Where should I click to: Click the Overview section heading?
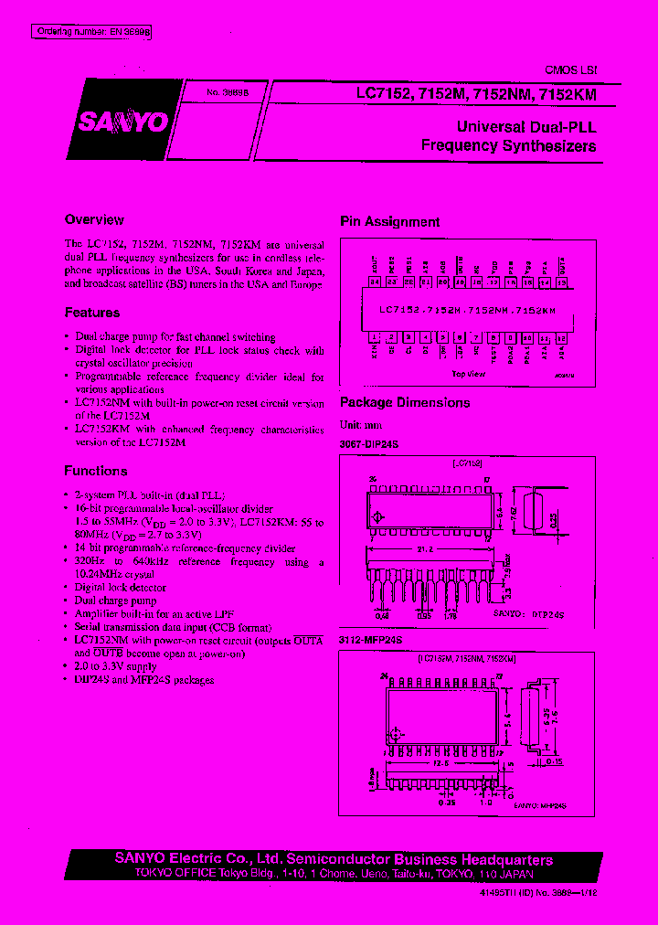(x=94, y=219)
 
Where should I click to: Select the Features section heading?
(x=92, y=313)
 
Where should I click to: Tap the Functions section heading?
(x=96, y=471)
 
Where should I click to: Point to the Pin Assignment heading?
(x=390, y=221)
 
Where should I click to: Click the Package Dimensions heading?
(x=405, y=402)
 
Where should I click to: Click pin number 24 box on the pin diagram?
(x=375, y=282)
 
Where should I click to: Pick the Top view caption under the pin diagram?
(x=468, y=374)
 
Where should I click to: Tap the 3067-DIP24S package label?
(x=370, y=443)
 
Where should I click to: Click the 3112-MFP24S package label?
(x=371, y=640)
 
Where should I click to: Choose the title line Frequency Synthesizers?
(x=508, y=146)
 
